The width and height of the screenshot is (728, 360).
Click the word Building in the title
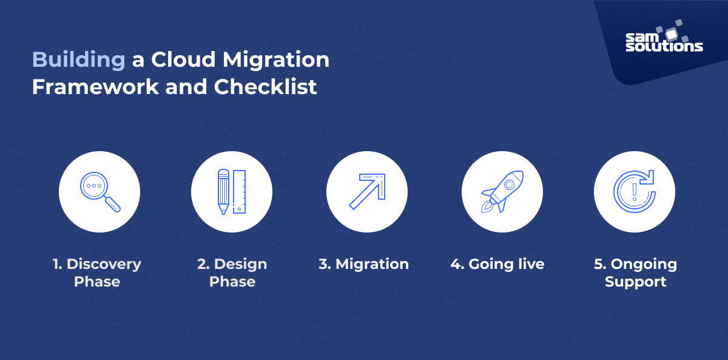(x=78, y=61)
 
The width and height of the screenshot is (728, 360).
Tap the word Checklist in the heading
(x=265, y=87)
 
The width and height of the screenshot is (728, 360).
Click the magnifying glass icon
(x=99, y=192)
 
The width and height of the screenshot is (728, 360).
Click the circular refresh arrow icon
(x=635, y=192)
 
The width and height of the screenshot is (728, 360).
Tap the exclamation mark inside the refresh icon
(x=634, y=192)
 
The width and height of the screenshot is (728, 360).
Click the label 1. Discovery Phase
(x=96, y=273)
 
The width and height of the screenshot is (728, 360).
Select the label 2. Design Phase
(x=232, y=273)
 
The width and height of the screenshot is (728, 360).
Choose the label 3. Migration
(x=364, y=264)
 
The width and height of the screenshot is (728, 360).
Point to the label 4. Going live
(x=497, y=264)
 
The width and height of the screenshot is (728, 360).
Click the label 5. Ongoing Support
(x=635, y=273)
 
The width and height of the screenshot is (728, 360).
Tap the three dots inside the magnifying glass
(x=93, y=185)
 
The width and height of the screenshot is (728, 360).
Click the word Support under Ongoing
(x=635, y=282)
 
